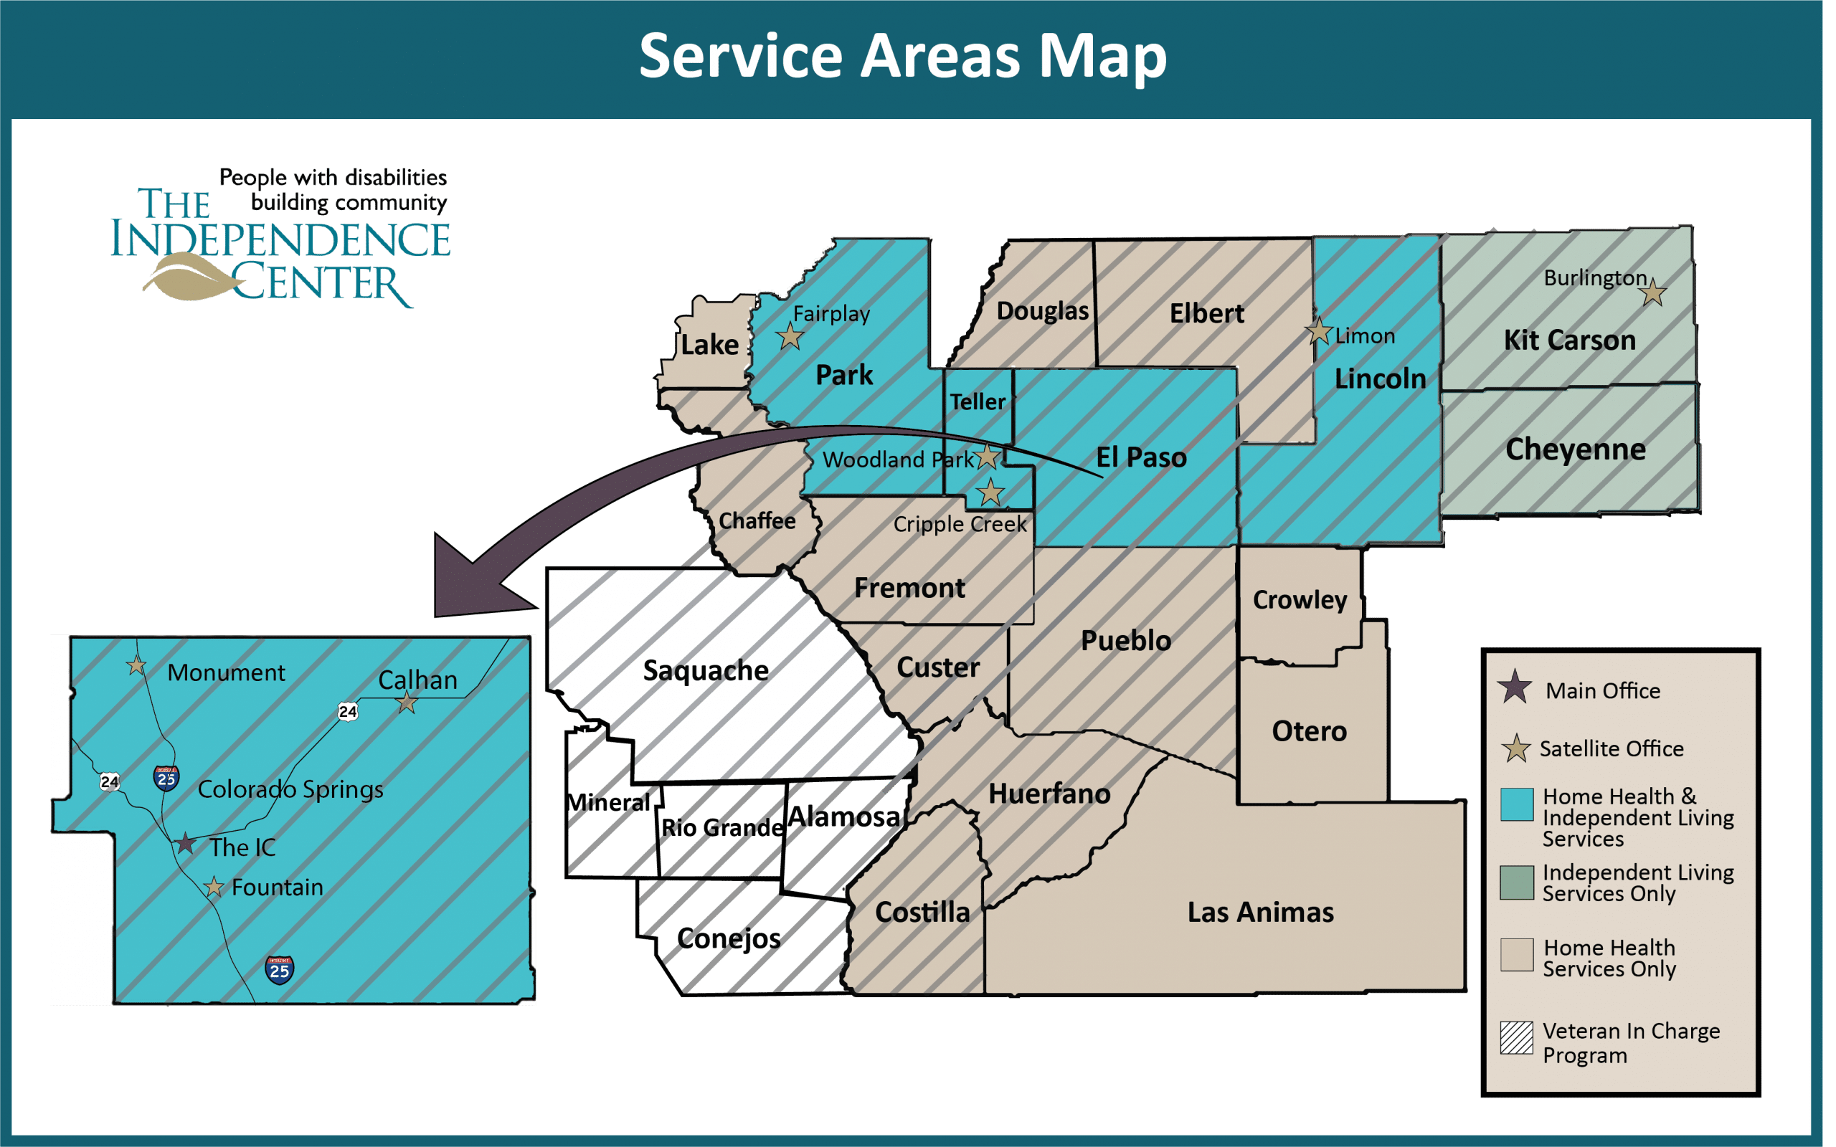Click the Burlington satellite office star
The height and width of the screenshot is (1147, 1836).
[1652, 292]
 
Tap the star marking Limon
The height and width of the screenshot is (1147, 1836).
[1319, 331]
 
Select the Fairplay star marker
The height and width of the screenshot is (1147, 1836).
[790, 335]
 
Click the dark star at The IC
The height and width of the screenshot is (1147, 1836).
[185, 843]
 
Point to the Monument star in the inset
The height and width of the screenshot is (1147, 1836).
[136, 665]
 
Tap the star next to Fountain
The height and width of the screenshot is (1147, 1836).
[214, 886]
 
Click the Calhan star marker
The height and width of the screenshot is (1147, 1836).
[407, 703]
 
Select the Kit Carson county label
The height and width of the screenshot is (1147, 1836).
[1569, 340]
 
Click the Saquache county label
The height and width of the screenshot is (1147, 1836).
[706, 670]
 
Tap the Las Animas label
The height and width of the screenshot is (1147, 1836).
[1260, 912]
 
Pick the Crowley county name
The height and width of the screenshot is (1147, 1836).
[1300, 599]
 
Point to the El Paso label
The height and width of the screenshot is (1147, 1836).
[1141, 457]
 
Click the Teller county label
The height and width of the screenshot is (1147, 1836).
[978, 402]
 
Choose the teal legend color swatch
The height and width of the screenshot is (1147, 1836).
[1517, 804]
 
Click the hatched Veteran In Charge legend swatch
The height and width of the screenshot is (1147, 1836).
[1517, 1037]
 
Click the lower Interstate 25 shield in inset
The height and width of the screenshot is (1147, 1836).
[279, 969]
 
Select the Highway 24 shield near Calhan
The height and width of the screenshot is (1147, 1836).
[347, 711]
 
